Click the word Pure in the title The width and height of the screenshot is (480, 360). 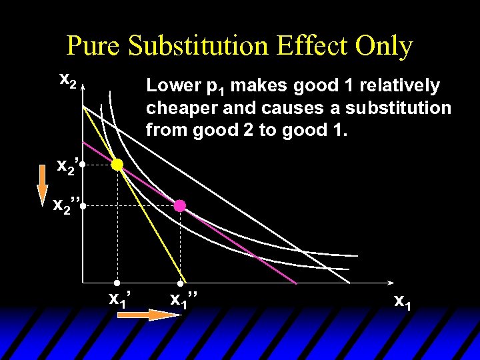point(95,47)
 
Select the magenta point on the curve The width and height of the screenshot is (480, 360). point(180,206)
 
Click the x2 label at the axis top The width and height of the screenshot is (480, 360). point(68,80)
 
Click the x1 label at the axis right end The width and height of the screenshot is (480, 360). point(402,301)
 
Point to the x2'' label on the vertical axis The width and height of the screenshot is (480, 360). point(67,207)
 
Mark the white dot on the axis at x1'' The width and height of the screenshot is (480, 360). point(180,283)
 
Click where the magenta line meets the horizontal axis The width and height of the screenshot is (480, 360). point(295,283)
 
